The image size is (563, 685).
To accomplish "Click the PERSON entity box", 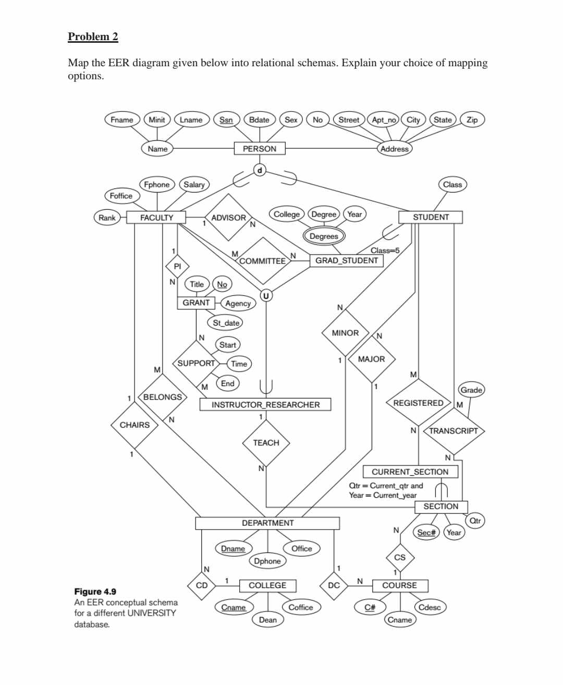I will tap(260, 149).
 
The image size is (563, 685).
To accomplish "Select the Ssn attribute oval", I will tap(226, 119).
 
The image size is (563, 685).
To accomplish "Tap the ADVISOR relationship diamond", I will tap(228, 218).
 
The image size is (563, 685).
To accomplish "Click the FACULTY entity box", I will tap(156, 218).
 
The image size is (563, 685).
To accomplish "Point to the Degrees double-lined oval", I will tap(324, 236).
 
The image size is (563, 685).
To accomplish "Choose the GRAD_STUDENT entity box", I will tap(347, 260).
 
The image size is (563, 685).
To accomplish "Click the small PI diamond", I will tap(177, 266).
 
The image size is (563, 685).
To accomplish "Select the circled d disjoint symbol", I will tap(260, 170).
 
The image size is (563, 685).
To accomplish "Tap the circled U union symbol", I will tap(266, 296).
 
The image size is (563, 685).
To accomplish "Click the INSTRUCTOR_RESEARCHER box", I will tap(265, 405).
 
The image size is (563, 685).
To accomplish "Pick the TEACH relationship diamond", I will tap(266, 443).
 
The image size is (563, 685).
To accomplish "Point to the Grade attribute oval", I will tap(471, 390).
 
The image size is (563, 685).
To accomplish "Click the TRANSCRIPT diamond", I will tap(453, 431).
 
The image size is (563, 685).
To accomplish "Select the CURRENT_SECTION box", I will tap(410, 472).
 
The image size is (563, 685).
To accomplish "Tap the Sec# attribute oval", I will tap(426, 533).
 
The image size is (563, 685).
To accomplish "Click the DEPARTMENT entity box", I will tap(267, 523).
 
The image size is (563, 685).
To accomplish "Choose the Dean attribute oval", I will tap(267, 620).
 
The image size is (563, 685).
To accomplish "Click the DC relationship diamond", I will tap(334, 585).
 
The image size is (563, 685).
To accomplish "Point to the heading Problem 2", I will tap(93, 37).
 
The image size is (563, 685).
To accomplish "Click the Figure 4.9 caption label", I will tap(95, 592).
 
